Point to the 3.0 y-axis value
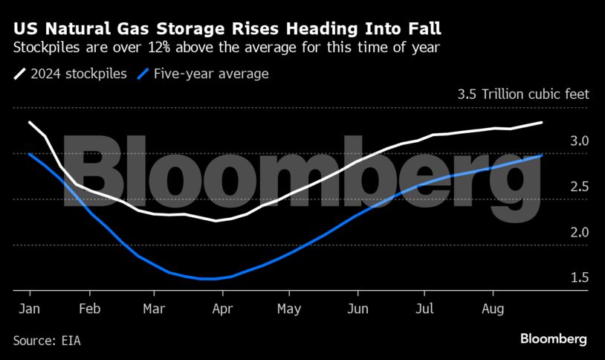point(580,141)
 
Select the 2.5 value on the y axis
point(580,187)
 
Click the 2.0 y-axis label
point(580,232)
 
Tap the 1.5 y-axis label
point(580,277)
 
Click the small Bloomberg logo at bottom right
point(554,339)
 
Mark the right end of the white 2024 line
point(541,122)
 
